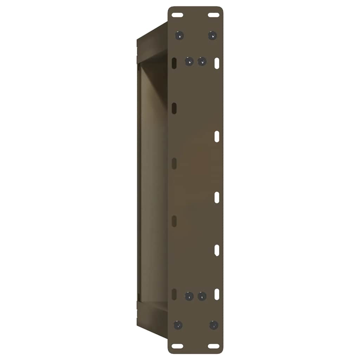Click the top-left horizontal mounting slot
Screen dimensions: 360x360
(178, 15)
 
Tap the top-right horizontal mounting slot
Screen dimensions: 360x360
(213, 15)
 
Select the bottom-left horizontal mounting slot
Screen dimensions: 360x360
(178, 346)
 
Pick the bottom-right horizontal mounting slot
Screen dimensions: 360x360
(213, 346)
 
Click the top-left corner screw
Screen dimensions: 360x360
(180, 35)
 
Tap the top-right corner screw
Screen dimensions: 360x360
(212, 35)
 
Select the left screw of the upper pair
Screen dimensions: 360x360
(189, 62)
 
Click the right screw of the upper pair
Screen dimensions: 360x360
(202, 62)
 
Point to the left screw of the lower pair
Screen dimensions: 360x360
(189, 296)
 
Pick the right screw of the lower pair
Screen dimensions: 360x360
(202, 296)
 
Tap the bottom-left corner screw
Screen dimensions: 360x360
(179, 325)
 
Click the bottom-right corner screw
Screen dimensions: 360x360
(214, 325)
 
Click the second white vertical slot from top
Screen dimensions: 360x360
(217, 136)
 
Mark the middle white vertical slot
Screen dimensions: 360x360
(217, 197)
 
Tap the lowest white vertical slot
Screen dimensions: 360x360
(217, 294)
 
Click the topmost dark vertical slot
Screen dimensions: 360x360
(174, 63)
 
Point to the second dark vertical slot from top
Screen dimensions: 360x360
(174, 108)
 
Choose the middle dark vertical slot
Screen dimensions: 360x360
(174, 163)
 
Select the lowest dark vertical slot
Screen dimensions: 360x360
(174, 294)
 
